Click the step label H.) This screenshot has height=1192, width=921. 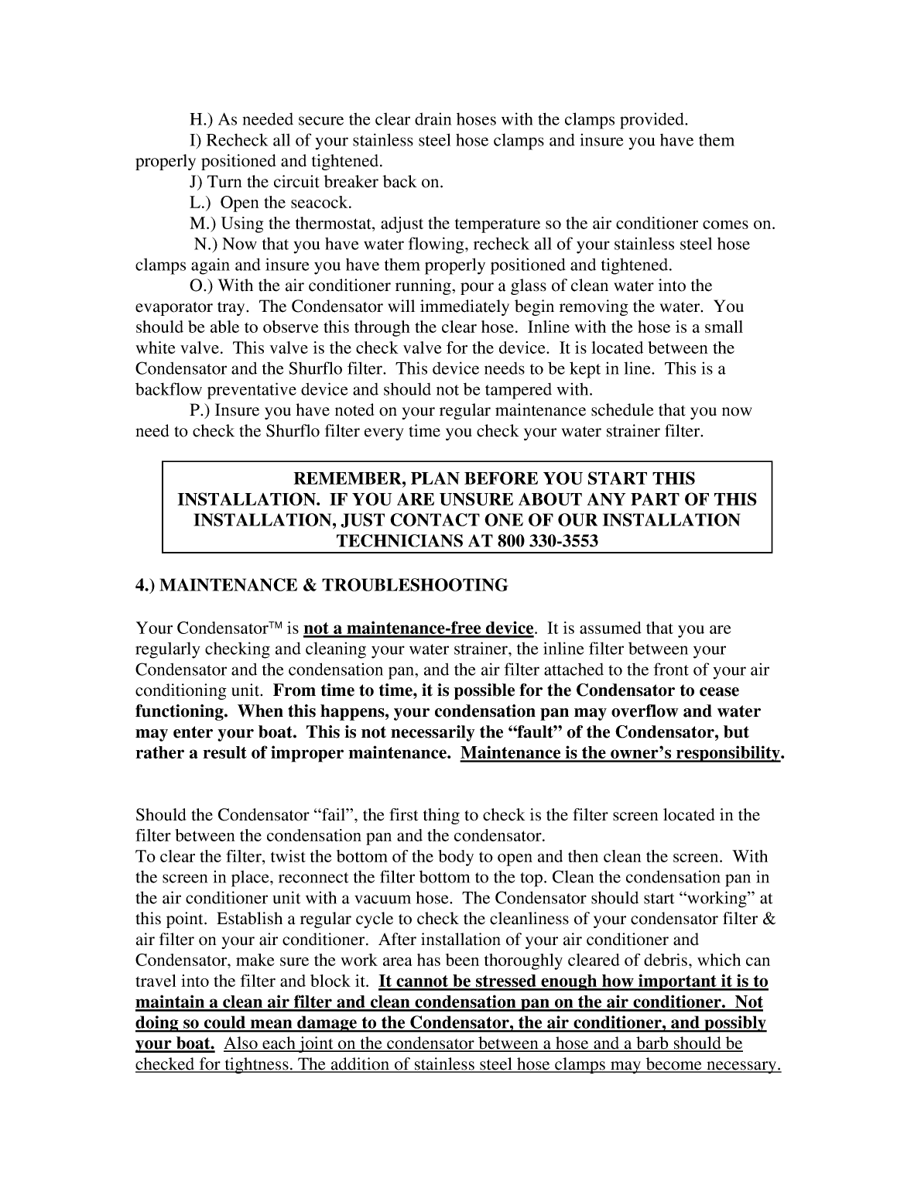(x=202, y=120)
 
